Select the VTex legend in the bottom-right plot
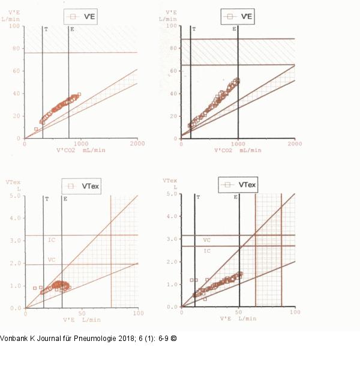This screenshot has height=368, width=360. [x=238, y=185]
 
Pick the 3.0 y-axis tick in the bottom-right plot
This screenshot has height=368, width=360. [x=173, y=239]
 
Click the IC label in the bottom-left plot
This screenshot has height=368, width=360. [x=52, y=240]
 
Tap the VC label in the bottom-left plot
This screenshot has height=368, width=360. [x=52, y=260]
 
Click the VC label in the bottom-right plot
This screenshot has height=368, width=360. [x=206, y=240]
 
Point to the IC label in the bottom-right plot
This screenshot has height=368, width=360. [x=206, y=250]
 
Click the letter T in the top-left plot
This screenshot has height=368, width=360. [x=47, y=29]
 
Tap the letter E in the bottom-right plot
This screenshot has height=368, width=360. [x=235, y=197]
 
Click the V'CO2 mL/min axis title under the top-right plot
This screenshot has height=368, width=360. [x=237, y=149]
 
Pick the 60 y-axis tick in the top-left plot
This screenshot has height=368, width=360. [x=17, y=71]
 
